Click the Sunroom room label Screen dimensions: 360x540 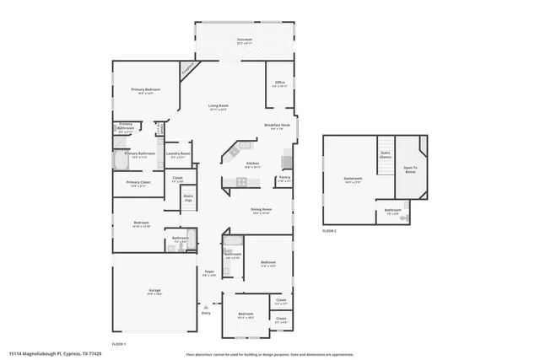pos(245,40)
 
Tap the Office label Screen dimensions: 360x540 pos(280,83)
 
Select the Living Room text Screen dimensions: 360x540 pos(219,106)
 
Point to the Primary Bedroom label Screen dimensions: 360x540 pos(145,89)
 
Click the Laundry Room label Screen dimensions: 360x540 pos(178,153)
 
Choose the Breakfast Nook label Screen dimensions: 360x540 pos(279,126)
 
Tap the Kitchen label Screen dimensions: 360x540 pos(252,164)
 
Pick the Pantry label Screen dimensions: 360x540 pos(284,177)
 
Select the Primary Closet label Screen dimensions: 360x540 pos(138,183)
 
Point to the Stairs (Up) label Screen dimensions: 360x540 pos(188,197)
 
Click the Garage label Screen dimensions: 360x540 pos(154,291)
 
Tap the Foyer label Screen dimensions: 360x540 pos(209,271)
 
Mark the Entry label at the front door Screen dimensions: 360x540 pos(205,313)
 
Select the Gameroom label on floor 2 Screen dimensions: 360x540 pos(352,179)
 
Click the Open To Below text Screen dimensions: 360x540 pos(409,169)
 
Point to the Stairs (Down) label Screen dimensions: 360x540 pos(385,155)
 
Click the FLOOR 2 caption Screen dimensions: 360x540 pos(329,230)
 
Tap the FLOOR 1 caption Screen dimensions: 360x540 pos(119,344)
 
